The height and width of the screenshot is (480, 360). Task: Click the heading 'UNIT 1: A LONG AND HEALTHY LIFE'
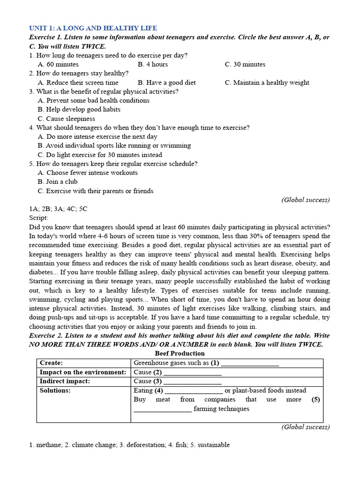tap(93, 28)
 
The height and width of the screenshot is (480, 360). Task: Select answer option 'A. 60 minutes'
tap(58, 64)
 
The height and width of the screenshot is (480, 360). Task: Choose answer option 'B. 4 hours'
tap(153, 64)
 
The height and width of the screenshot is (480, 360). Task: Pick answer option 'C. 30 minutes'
tap(245, 64)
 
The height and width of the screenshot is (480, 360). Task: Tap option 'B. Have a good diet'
tap(167, 82)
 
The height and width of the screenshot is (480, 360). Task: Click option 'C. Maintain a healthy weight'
tap(267, 82)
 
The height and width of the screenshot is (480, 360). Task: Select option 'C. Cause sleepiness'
tap(66, 119)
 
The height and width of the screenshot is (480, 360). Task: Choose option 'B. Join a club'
tap(58, 181)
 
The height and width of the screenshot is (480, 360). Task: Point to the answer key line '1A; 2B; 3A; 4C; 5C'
tap(58, 209)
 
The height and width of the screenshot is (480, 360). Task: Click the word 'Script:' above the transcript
tap(38, 218)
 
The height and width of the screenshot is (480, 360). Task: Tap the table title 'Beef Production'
tap(180, 353)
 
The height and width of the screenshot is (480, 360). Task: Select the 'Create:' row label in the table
tap(52, 363)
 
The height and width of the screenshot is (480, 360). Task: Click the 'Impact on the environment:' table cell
tap(83, 372)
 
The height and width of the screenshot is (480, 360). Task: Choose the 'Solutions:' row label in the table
tap(55, 390)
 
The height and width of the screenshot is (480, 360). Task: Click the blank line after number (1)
tap(250, 364)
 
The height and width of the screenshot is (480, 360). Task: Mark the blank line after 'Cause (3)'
tap(192, 382)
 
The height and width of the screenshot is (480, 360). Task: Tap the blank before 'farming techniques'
tap(163, 410)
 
